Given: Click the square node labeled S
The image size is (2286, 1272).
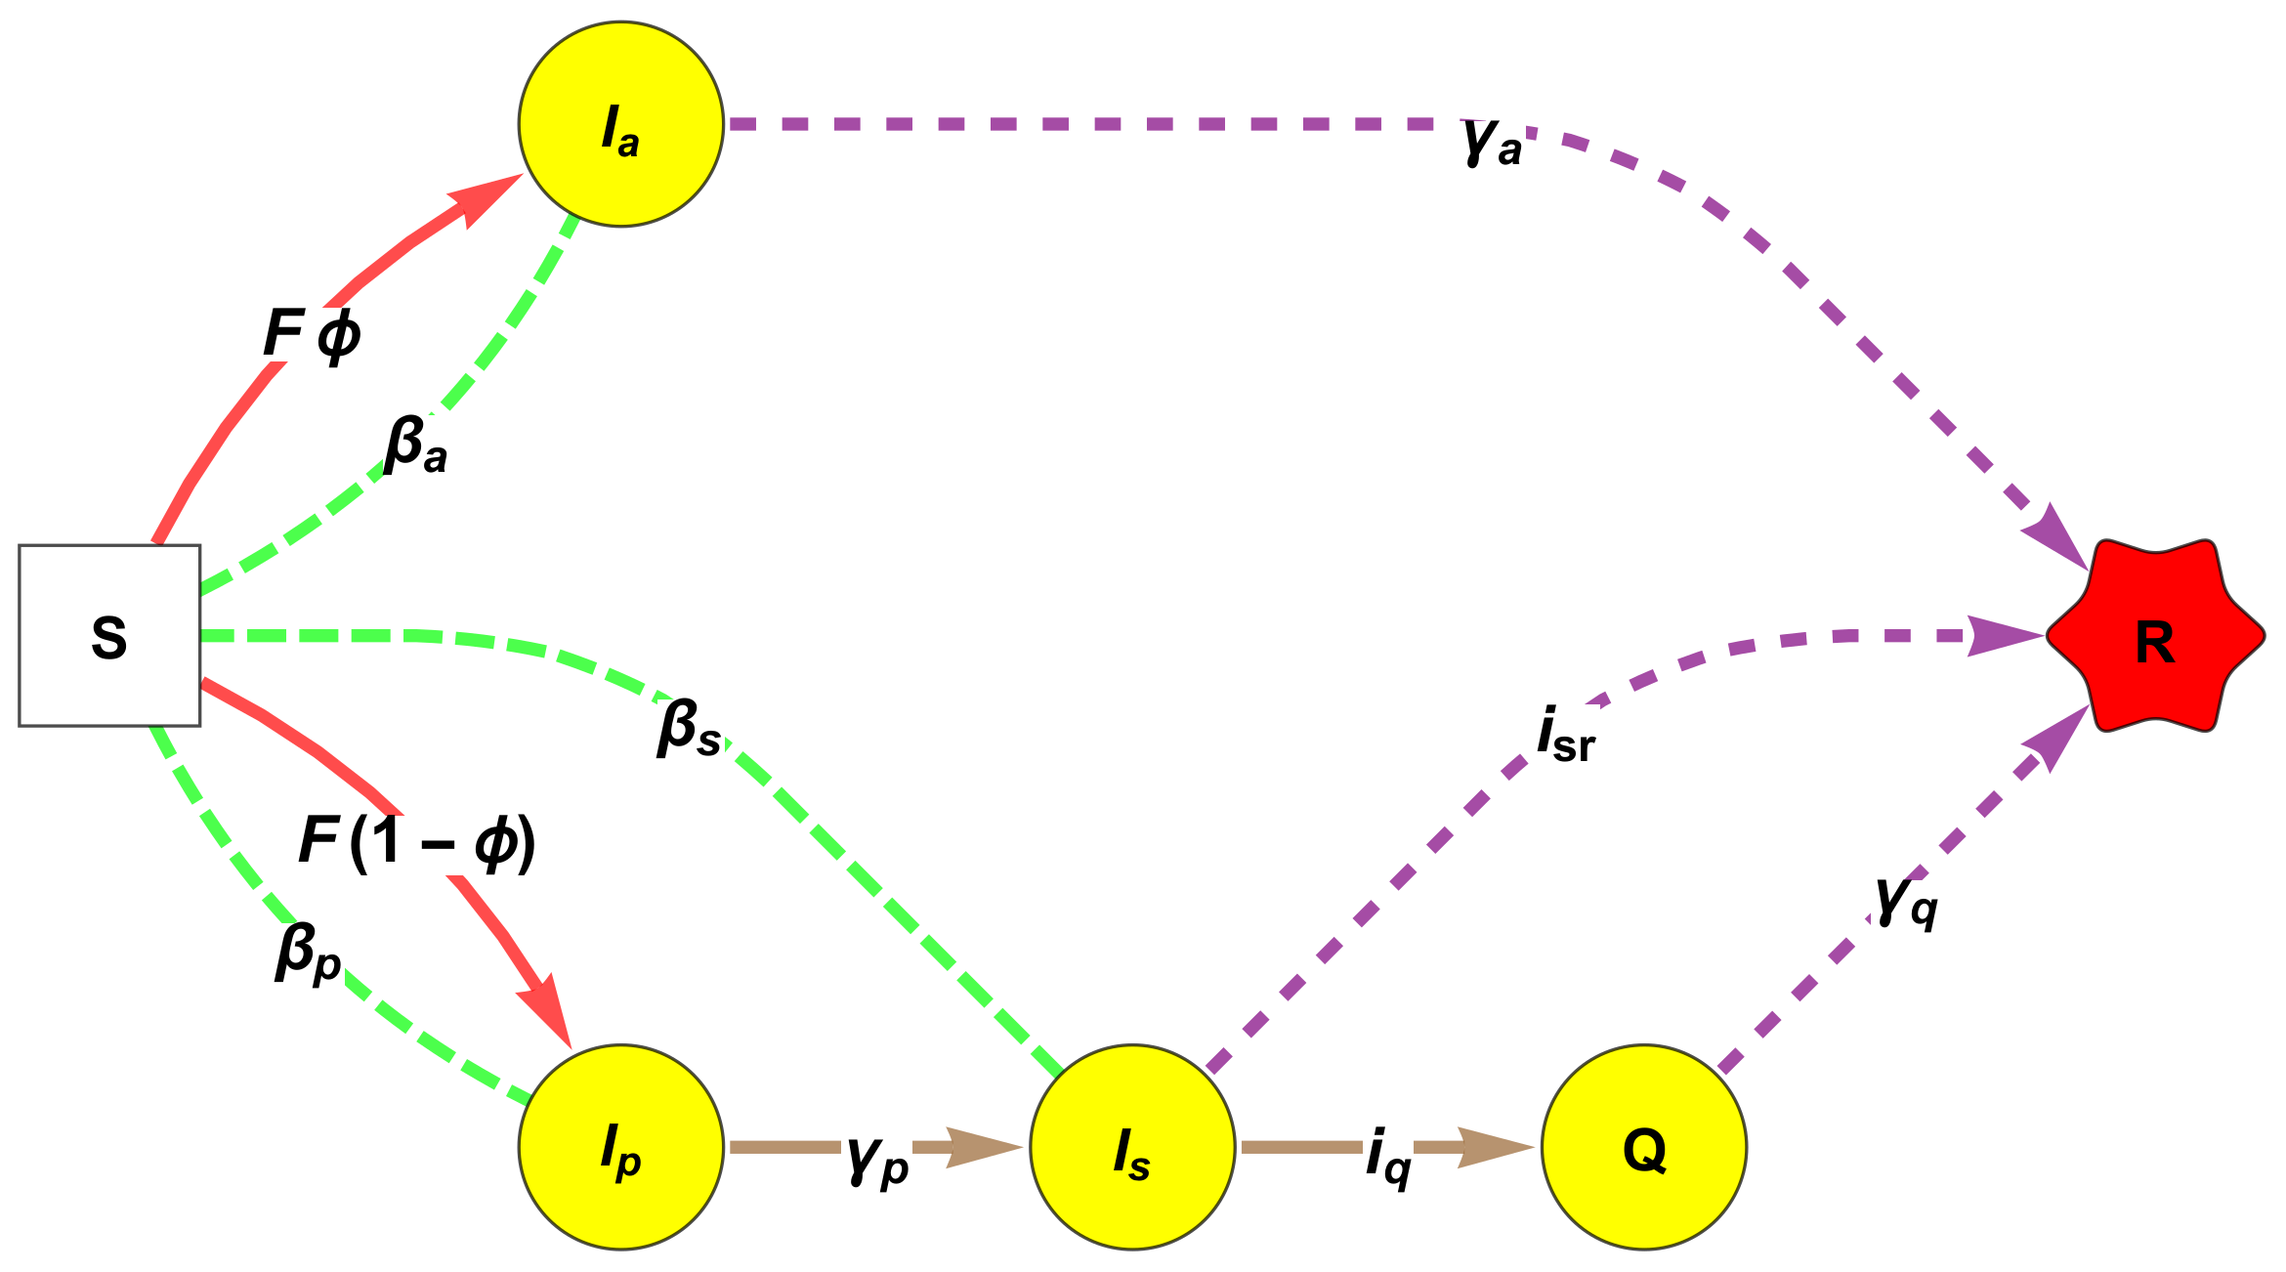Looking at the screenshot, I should [x=109, y=635].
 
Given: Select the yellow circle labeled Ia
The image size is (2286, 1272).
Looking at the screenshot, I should [x=620, y=124].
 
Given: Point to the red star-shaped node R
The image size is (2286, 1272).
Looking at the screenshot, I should [x=2154, y=635].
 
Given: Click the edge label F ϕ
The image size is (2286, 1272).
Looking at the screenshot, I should [x=312, y=334].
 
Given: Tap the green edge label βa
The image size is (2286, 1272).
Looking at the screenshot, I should [x=415, y=445].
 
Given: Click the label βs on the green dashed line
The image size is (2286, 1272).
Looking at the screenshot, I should [x=689, y=729].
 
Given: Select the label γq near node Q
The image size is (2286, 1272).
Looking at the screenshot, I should [x=1906, y=901].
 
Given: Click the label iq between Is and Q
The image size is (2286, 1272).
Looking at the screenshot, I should [x=1388, y=1157].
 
